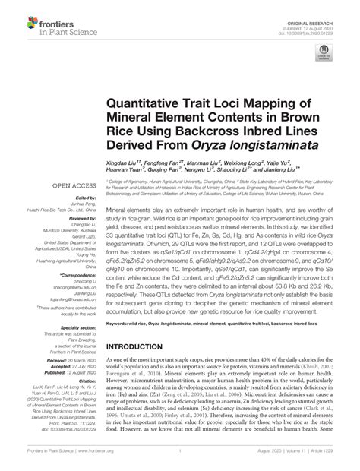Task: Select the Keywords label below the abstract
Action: tap(120, 322)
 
